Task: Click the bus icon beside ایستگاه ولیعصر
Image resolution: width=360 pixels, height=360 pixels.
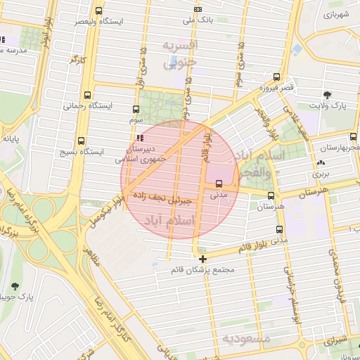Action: pos(98,11)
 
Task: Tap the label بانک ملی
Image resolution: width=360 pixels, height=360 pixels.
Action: pos(198,20)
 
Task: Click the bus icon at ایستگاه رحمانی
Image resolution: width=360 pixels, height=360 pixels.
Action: pos(87,95)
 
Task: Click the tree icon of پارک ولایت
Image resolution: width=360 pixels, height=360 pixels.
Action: pos(328,94)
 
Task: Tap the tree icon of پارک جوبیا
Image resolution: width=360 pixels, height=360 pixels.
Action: pos(15,286)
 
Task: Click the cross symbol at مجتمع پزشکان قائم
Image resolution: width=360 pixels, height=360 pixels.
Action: pos(203,259)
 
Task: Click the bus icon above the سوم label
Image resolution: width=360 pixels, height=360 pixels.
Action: pos(136,109)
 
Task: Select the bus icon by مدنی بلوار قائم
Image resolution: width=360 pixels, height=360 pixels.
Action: pos(280,229)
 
